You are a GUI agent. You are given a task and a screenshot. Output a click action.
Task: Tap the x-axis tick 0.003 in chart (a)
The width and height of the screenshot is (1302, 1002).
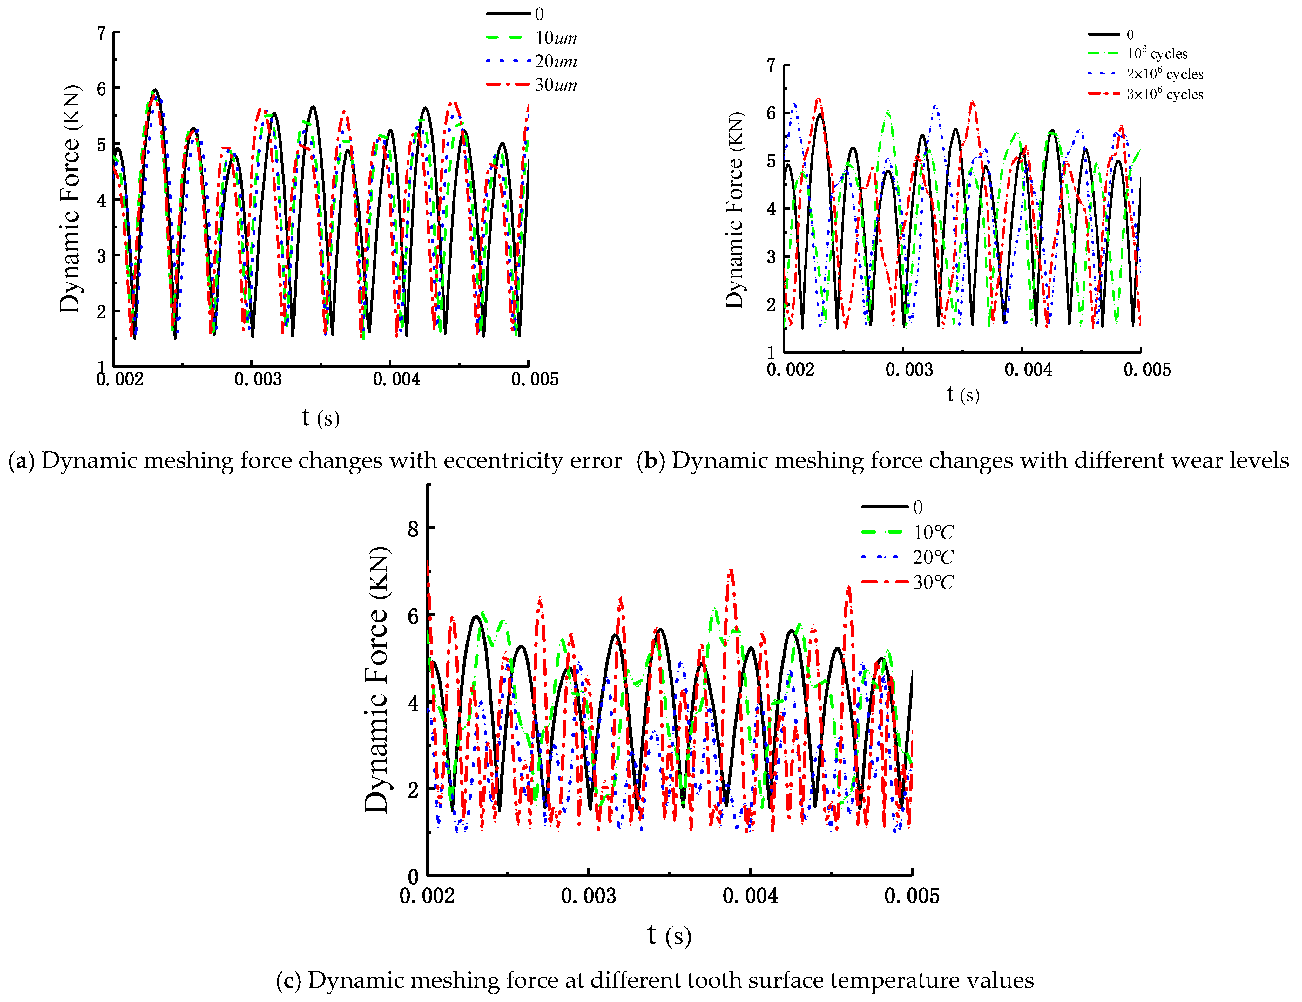click(x=258, y=379)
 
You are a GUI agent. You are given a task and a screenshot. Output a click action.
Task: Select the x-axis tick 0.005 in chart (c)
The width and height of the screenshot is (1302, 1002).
click(x=912, y=896)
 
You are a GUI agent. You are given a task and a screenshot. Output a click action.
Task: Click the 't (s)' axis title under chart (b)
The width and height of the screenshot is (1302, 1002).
click(x=963, y=394)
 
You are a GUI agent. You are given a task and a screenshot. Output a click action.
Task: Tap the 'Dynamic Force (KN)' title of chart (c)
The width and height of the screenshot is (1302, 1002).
click(x=377, y=680)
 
